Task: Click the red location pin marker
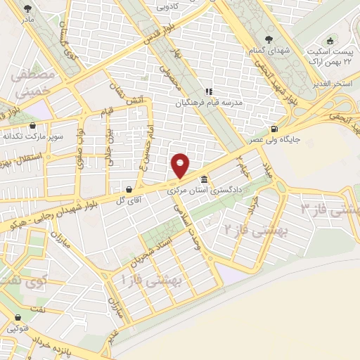click(x=181, y=165)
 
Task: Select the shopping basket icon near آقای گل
click(x=129, y=189)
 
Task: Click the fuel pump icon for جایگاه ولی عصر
click(x=274, y=129)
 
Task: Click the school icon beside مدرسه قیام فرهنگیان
click(x=208, y=91)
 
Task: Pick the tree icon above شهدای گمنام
click(x=268, y=39)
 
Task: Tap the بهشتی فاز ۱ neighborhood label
click(x=151, y=280)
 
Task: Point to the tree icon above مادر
click(x=27, y=9)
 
